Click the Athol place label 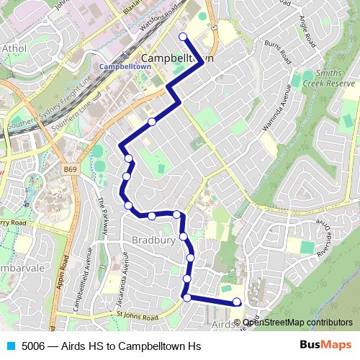[14, 49]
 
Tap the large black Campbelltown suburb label [177, 58]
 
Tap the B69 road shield [70, 168]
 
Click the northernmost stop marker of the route [183, 37]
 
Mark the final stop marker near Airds [238, 302]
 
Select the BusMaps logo [325, 345]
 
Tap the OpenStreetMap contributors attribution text [297, 322]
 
